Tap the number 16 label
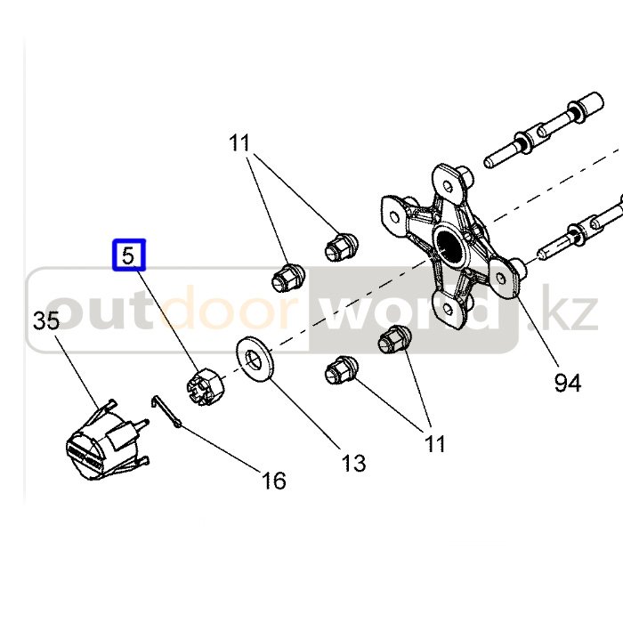tap(274, 481)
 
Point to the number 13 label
tap(353, 463)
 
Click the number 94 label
tap(567, 383)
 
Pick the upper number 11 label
tap(239, 142)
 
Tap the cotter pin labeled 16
tap(167, 411)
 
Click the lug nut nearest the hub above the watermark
tap(339, 245)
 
